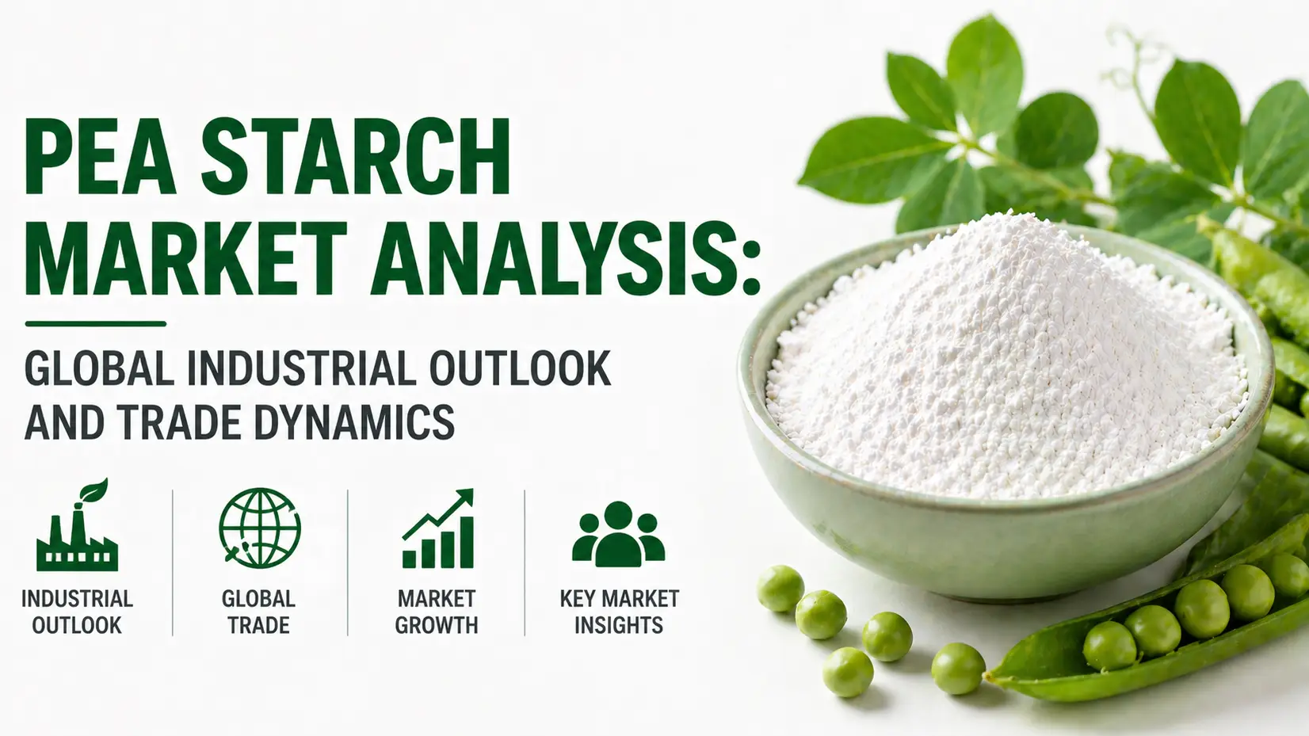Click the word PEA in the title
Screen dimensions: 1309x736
click(100, 158)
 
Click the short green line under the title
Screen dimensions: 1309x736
click(96, 323)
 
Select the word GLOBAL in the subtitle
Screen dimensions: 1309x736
click(99, 368)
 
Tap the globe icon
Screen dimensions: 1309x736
click(259, 528)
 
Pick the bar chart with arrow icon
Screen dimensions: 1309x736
click(438, 528)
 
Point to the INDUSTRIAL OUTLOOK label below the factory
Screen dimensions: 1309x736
click(77, 612)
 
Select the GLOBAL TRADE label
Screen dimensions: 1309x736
click(259, 612)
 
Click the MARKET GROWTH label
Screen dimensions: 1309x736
click(437, 612)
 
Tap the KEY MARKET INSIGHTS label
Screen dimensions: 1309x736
click(620, 612)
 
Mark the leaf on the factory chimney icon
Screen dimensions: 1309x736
click(94, 490)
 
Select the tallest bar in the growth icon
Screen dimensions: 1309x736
click(467, 542)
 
